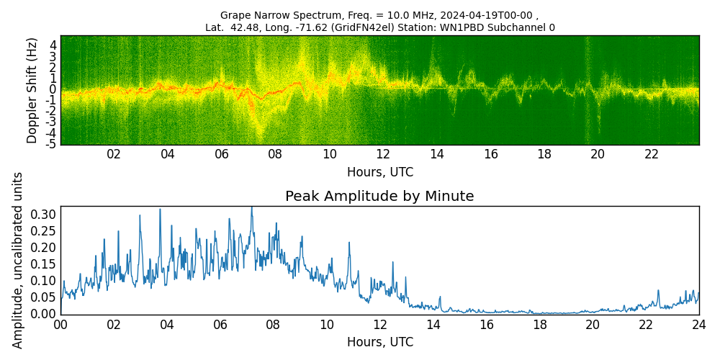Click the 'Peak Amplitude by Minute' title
tap(379, 197)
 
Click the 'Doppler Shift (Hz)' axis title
tap(32, 90)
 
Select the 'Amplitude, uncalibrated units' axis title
tap(18, 260)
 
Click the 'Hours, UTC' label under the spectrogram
tap(379, 173)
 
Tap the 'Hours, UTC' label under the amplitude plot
tap(379, 342)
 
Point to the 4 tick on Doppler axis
tap(53, 45)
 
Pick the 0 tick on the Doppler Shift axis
tap(53, 89)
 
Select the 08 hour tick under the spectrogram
tap(275, 154)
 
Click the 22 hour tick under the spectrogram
tap(652, 154)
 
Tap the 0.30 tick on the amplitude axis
tap(43, 214)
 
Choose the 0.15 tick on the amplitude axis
tap(43, 264)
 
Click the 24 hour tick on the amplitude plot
tap(698, 324)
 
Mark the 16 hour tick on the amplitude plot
tap(486, 324)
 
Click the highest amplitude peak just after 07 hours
tap(251, 208)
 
